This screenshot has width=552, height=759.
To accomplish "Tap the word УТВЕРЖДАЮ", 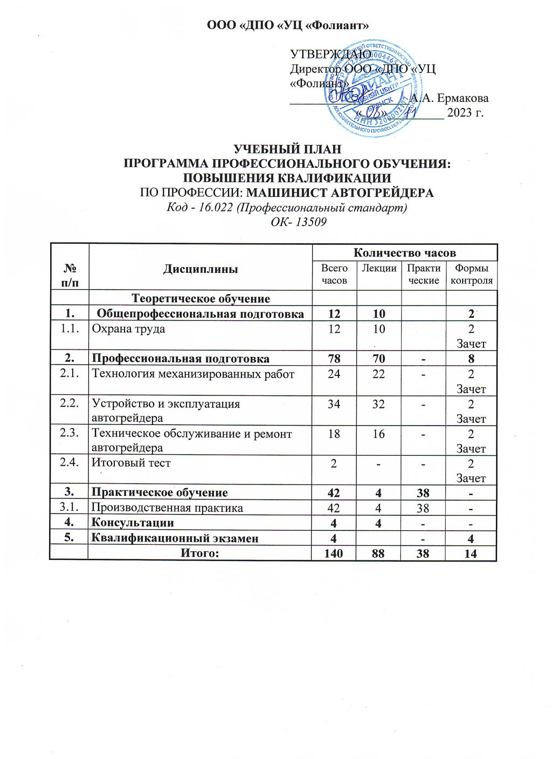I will pos(330,54).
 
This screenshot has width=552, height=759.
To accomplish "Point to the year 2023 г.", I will pos(465,113).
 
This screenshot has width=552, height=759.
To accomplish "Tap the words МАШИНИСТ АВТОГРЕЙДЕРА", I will pos(343,193).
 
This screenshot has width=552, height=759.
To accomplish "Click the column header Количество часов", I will pos(404,252).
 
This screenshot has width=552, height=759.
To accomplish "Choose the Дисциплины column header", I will pos(201,269).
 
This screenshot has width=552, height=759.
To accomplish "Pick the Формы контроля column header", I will pos(471,274).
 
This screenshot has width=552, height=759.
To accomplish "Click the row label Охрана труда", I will pos(128,329).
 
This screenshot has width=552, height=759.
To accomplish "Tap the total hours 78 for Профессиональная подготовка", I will pos(334,359).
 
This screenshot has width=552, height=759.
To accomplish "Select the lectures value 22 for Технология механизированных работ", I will pos(378,374).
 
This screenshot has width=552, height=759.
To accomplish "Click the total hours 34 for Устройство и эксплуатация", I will pos(334,404).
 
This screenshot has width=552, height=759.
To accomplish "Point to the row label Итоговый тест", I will pos(131,462).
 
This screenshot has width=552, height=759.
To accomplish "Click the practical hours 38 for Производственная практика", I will pos(423,508).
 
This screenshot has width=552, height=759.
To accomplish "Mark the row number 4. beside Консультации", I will pos(68,522).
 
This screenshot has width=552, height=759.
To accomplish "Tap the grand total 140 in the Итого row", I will pos(334,552).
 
